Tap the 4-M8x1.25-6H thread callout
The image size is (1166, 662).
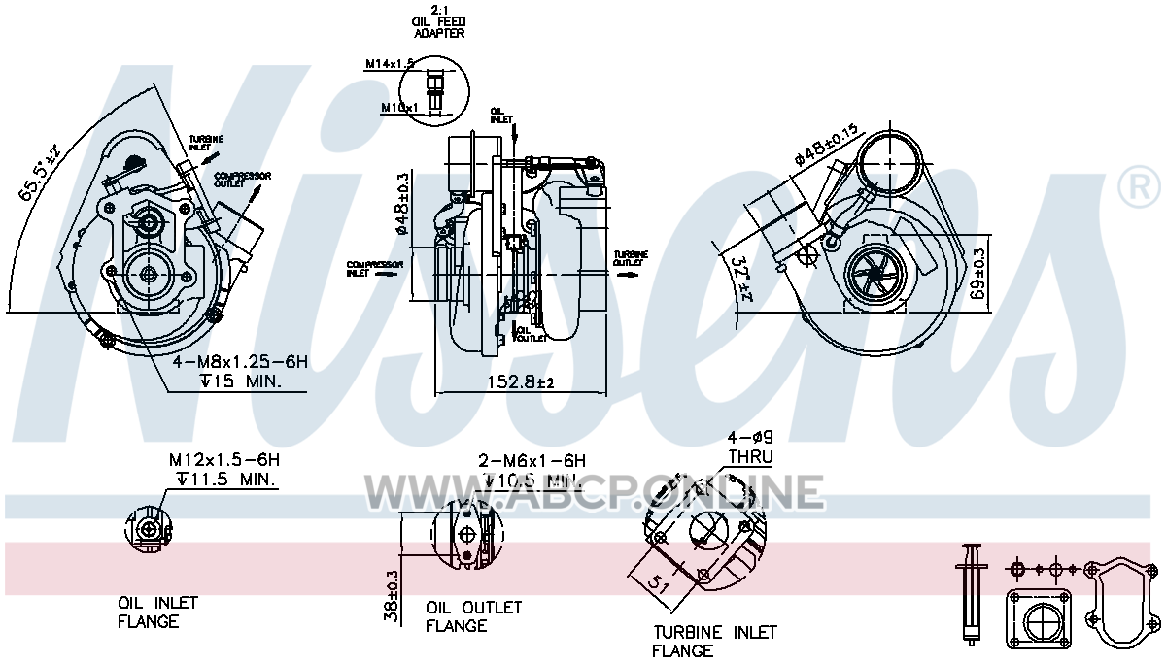240,362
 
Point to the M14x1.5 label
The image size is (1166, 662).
390,64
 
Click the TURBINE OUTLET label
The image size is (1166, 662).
631,259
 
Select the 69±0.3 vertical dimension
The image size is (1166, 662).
978,275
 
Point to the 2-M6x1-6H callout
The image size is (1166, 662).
531,461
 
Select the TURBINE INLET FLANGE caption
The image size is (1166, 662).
715,642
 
